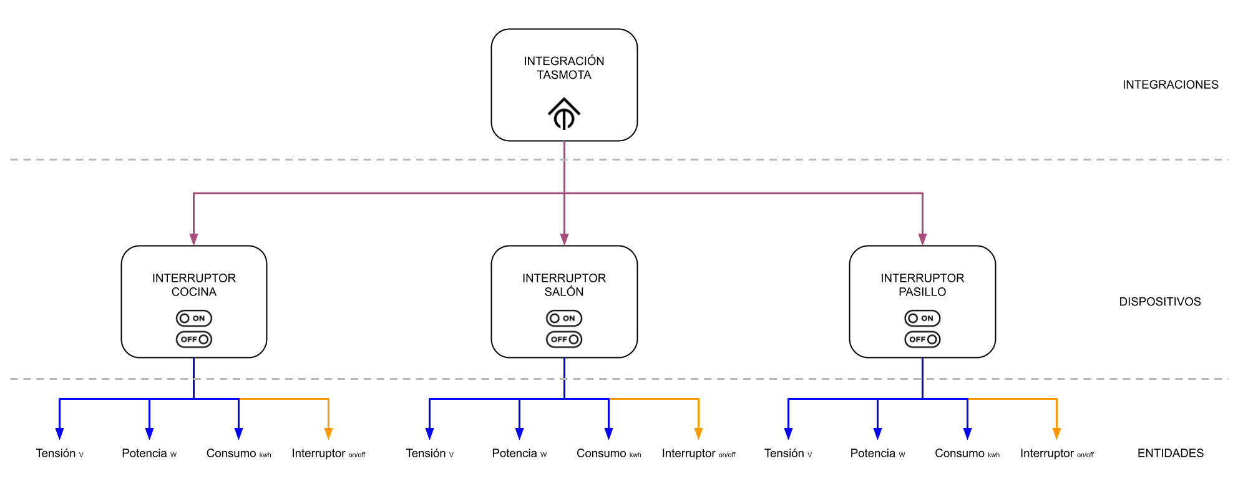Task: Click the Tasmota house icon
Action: click(x=564, y=113)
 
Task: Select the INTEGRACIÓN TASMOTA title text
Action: click(x=564, y=67)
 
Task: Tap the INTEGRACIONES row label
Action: click(x=1170, y=84)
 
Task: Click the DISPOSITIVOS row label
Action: click(x=1160, y=302)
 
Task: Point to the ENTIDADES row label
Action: click(x=1171, y=453)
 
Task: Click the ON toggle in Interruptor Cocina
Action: click(x=194, y=318)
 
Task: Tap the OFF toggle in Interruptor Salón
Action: click(x=564, y=339)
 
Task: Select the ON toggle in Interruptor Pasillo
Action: click(x=922, y=318)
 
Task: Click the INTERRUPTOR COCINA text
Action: click(x=194, y=285)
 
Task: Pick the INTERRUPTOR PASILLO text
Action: click(x=922, y=285)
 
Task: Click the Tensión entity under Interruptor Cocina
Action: click(x=60, y=454)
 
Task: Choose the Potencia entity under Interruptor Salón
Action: click(x=519, y=454)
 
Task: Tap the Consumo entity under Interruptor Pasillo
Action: click(x=967, y=454)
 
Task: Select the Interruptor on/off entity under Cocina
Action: click(x=328, y=454)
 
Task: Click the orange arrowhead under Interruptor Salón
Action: click(x=698, y=434)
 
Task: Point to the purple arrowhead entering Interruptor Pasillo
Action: click(x=922, y=239)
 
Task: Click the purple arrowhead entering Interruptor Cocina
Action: click(x=193, y=239)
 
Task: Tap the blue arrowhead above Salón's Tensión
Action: click(x=429, y=434)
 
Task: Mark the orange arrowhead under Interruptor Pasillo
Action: click(x=1056, y=434)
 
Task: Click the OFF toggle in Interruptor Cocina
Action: click(x=194, y=339)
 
